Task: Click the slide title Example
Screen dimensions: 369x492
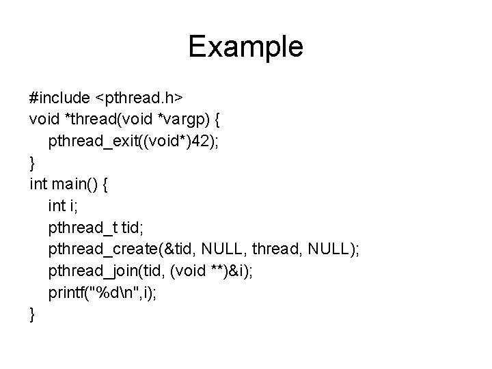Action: click(x=245, y=46)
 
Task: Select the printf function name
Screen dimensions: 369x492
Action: click(x=67, y=295)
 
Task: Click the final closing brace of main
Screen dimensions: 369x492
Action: click(x=32, y=315)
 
